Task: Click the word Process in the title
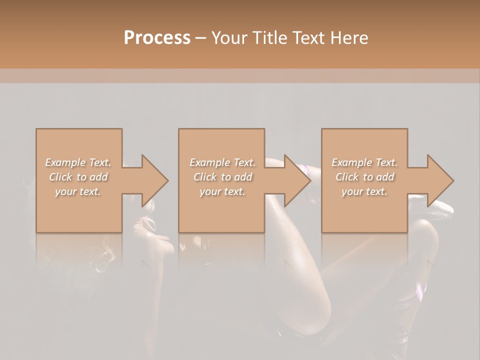pyautogui.click(x=157, y=38)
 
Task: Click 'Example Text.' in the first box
pyautogui.click(x=78, y=162)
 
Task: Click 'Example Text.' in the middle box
pyautogui.click(x=222, y=162)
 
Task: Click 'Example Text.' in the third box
pyautogui.click(x=364, y=162)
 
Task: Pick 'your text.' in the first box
pyautogui.click(x=78, y=191)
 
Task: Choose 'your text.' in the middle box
pyautogui.click(x=222, y=191)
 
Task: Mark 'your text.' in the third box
pyautogui.click(x=364, y=191)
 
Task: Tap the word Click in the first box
pyautogui.click(x=60, y=177)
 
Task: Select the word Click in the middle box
pyautogui.click(x=205, y=177)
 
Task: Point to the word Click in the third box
pyautogui.click(x=347, y=177)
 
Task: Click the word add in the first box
pyautogui.click(x=100, y=177)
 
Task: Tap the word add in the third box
pyautogui.click(x=386, y=177)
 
